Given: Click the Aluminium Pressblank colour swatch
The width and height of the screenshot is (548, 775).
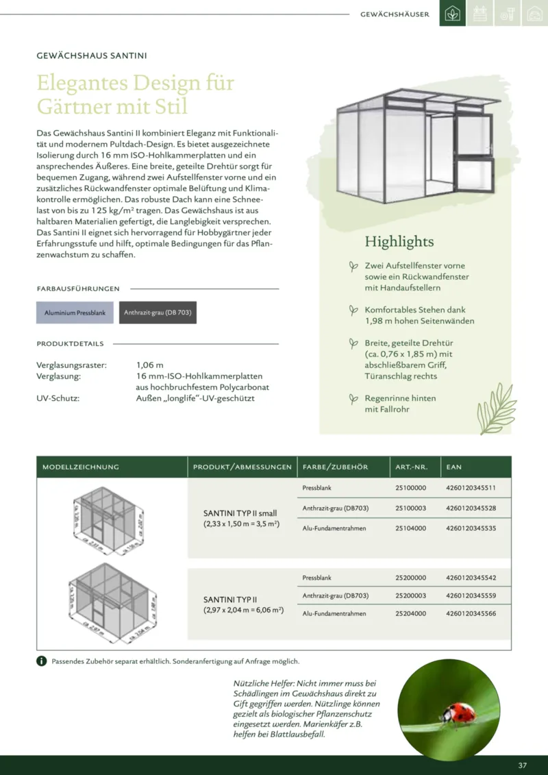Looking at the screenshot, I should (75, 312).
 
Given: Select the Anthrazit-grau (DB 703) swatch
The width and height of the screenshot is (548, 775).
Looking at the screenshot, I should (158, 312).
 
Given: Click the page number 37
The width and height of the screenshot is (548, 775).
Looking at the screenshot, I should (523, 765).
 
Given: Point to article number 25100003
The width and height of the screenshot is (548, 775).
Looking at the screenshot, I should (411, 508).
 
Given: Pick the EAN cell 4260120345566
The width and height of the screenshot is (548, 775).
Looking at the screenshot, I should (471, 613).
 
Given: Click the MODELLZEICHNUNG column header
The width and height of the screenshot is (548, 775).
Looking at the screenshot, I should (81, 467).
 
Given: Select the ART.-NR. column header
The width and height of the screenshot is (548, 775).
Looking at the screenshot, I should (412, 467).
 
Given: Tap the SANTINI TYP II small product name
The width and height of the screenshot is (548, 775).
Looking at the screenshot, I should (240, 513).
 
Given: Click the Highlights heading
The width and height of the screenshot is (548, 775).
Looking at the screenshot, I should (399, 241).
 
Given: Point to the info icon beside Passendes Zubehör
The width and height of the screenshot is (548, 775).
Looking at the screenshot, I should (42, 661).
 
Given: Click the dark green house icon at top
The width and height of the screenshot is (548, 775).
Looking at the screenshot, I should (452, 14).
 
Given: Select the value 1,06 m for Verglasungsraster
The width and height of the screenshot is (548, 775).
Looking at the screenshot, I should (150, 365).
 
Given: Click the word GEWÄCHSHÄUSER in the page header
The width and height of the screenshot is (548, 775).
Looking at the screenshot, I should (395, 14).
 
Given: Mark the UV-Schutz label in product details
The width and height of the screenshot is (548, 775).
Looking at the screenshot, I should (58, 398).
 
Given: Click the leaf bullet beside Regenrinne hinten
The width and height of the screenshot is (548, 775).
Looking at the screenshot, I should (353, 398).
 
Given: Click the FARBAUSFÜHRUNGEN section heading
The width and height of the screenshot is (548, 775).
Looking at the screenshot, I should (78, 288).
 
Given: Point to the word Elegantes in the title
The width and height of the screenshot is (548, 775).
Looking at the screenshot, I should (82, 84).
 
